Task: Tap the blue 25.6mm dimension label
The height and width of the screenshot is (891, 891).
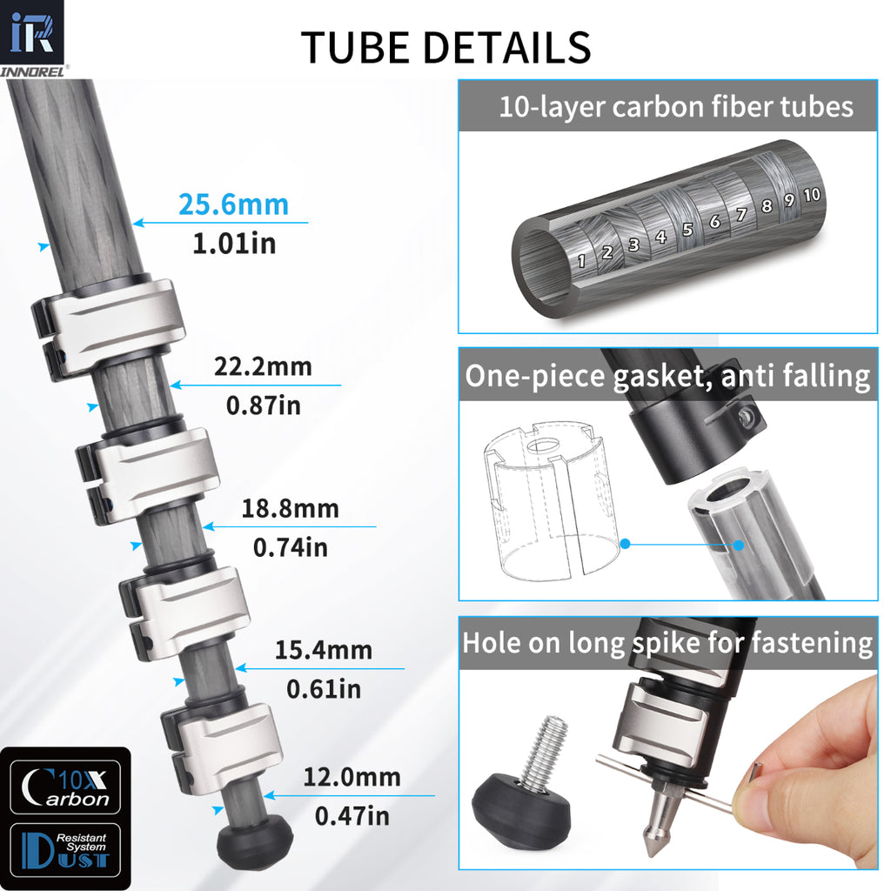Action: pyautogui.click(x=233, y=204)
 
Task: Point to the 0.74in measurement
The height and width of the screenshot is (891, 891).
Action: pyautogui.click(x=290, y=547)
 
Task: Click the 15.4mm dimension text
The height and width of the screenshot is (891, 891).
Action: pyautogui.click(x=323, y=650)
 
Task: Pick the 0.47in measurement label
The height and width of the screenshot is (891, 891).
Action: pyautogui.click(x=352, y=816)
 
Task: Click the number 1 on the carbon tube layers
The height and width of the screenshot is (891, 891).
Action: pyautogui.click(x=582, y=259)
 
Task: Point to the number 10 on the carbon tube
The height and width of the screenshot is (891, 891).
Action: pyautogui.click(x=811, y=194)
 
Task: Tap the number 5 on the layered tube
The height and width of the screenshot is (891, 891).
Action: pyautogui.click(x=687, y=230)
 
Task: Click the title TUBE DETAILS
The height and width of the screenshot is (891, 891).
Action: pyautogui.click(x=445, y=47)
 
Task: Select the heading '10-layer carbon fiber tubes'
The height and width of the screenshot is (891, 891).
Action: pyautogui.click(x=675, y=107)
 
